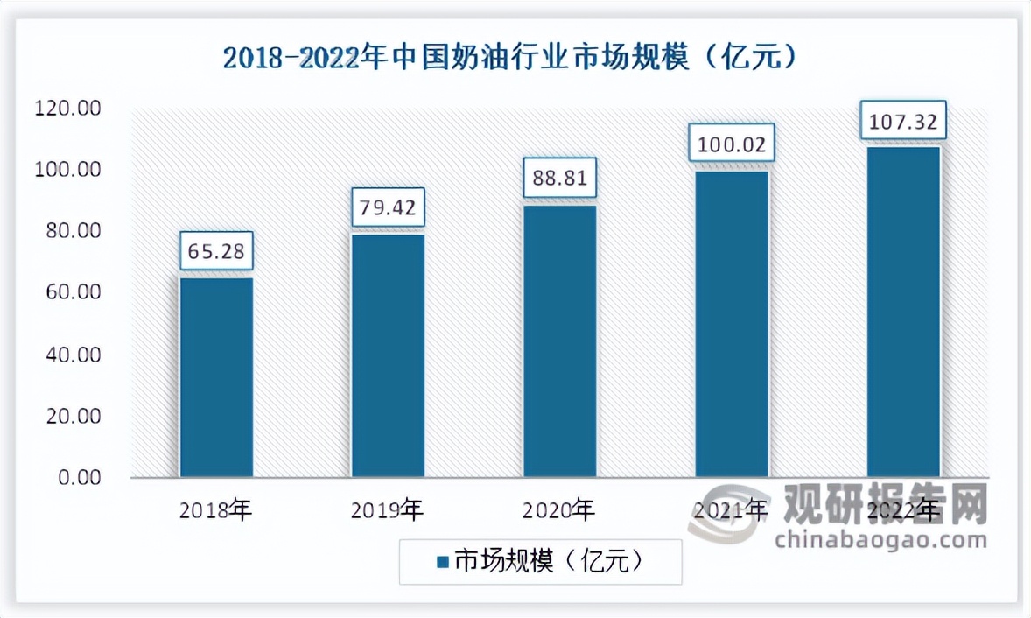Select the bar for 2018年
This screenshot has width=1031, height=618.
[216, 377]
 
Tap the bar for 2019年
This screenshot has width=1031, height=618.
[388, 355]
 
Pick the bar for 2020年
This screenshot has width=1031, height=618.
[559, 341]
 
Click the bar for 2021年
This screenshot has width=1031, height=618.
[732, 324]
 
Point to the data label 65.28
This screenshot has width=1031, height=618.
[216, 253]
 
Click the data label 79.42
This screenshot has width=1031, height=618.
[388, 209]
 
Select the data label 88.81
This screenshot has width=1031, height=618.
[559, 180]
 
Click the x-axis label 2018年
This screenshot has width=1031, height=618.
[216, 509]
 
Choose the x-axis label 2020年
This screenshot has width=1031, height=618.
[559, 509]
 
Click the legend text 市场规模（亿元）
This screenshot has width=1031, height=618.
[549, 561]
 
